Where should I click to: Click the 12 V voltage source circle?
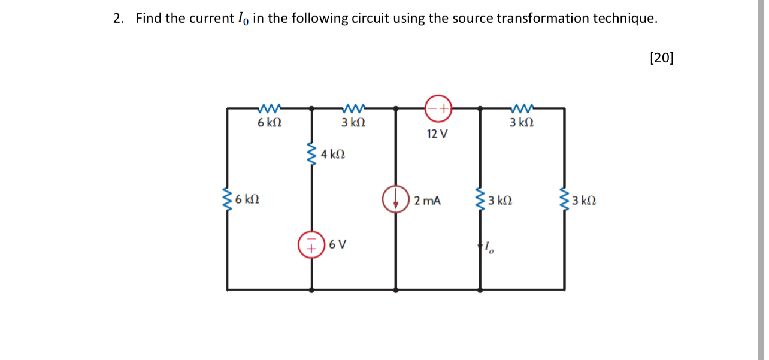coord(438,108)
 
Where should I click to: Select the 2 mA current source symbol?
coord(396,199)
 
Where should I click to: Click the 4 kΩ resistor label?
coord(332,155)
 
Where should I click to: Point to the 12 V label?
coord(437,134)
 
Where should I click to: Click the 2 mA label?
coord(427,201)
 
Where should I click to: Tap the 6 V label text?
coord(338,244)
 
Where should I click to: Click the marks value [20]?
coord(661,58)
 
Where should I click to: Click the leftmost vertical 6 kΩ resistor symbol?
coord(227,199)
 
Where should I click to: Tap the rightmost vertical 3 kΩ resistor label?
coord(583,200)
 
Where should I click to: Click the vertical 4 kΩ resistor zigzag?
coord(311,155)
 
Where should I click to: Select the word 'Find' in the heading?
coord(149,18)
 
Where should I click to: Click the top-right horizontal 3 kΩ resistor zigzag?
coord(522,108)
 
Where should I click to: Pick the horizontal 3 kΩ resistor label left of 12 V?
coord(353,123)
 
